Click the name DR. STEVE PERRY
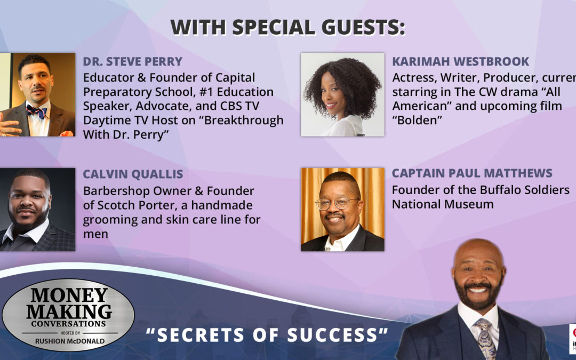(132, 61)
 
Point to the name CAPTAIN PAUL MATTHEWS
(472, 174)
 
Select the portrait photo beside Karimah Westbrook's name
(342, 94)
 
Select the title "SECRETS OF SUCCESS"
(267, 334)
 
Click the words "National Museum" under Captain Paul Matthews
(443, 204)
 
